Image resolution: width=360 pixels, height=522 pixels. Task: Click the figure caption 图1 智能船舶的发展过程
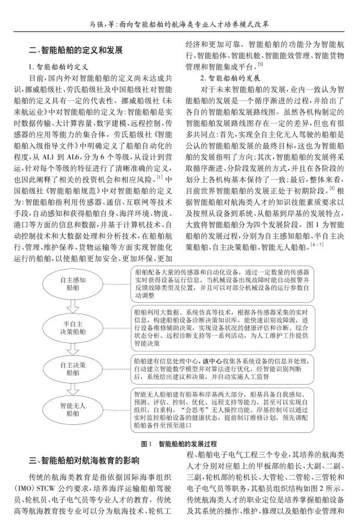(180, 443)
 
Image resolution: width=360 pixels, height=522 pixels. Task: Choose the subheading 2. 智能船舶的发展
(222, 77)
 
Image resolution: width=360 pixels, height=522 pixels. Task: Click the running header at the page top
(180, 25)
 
